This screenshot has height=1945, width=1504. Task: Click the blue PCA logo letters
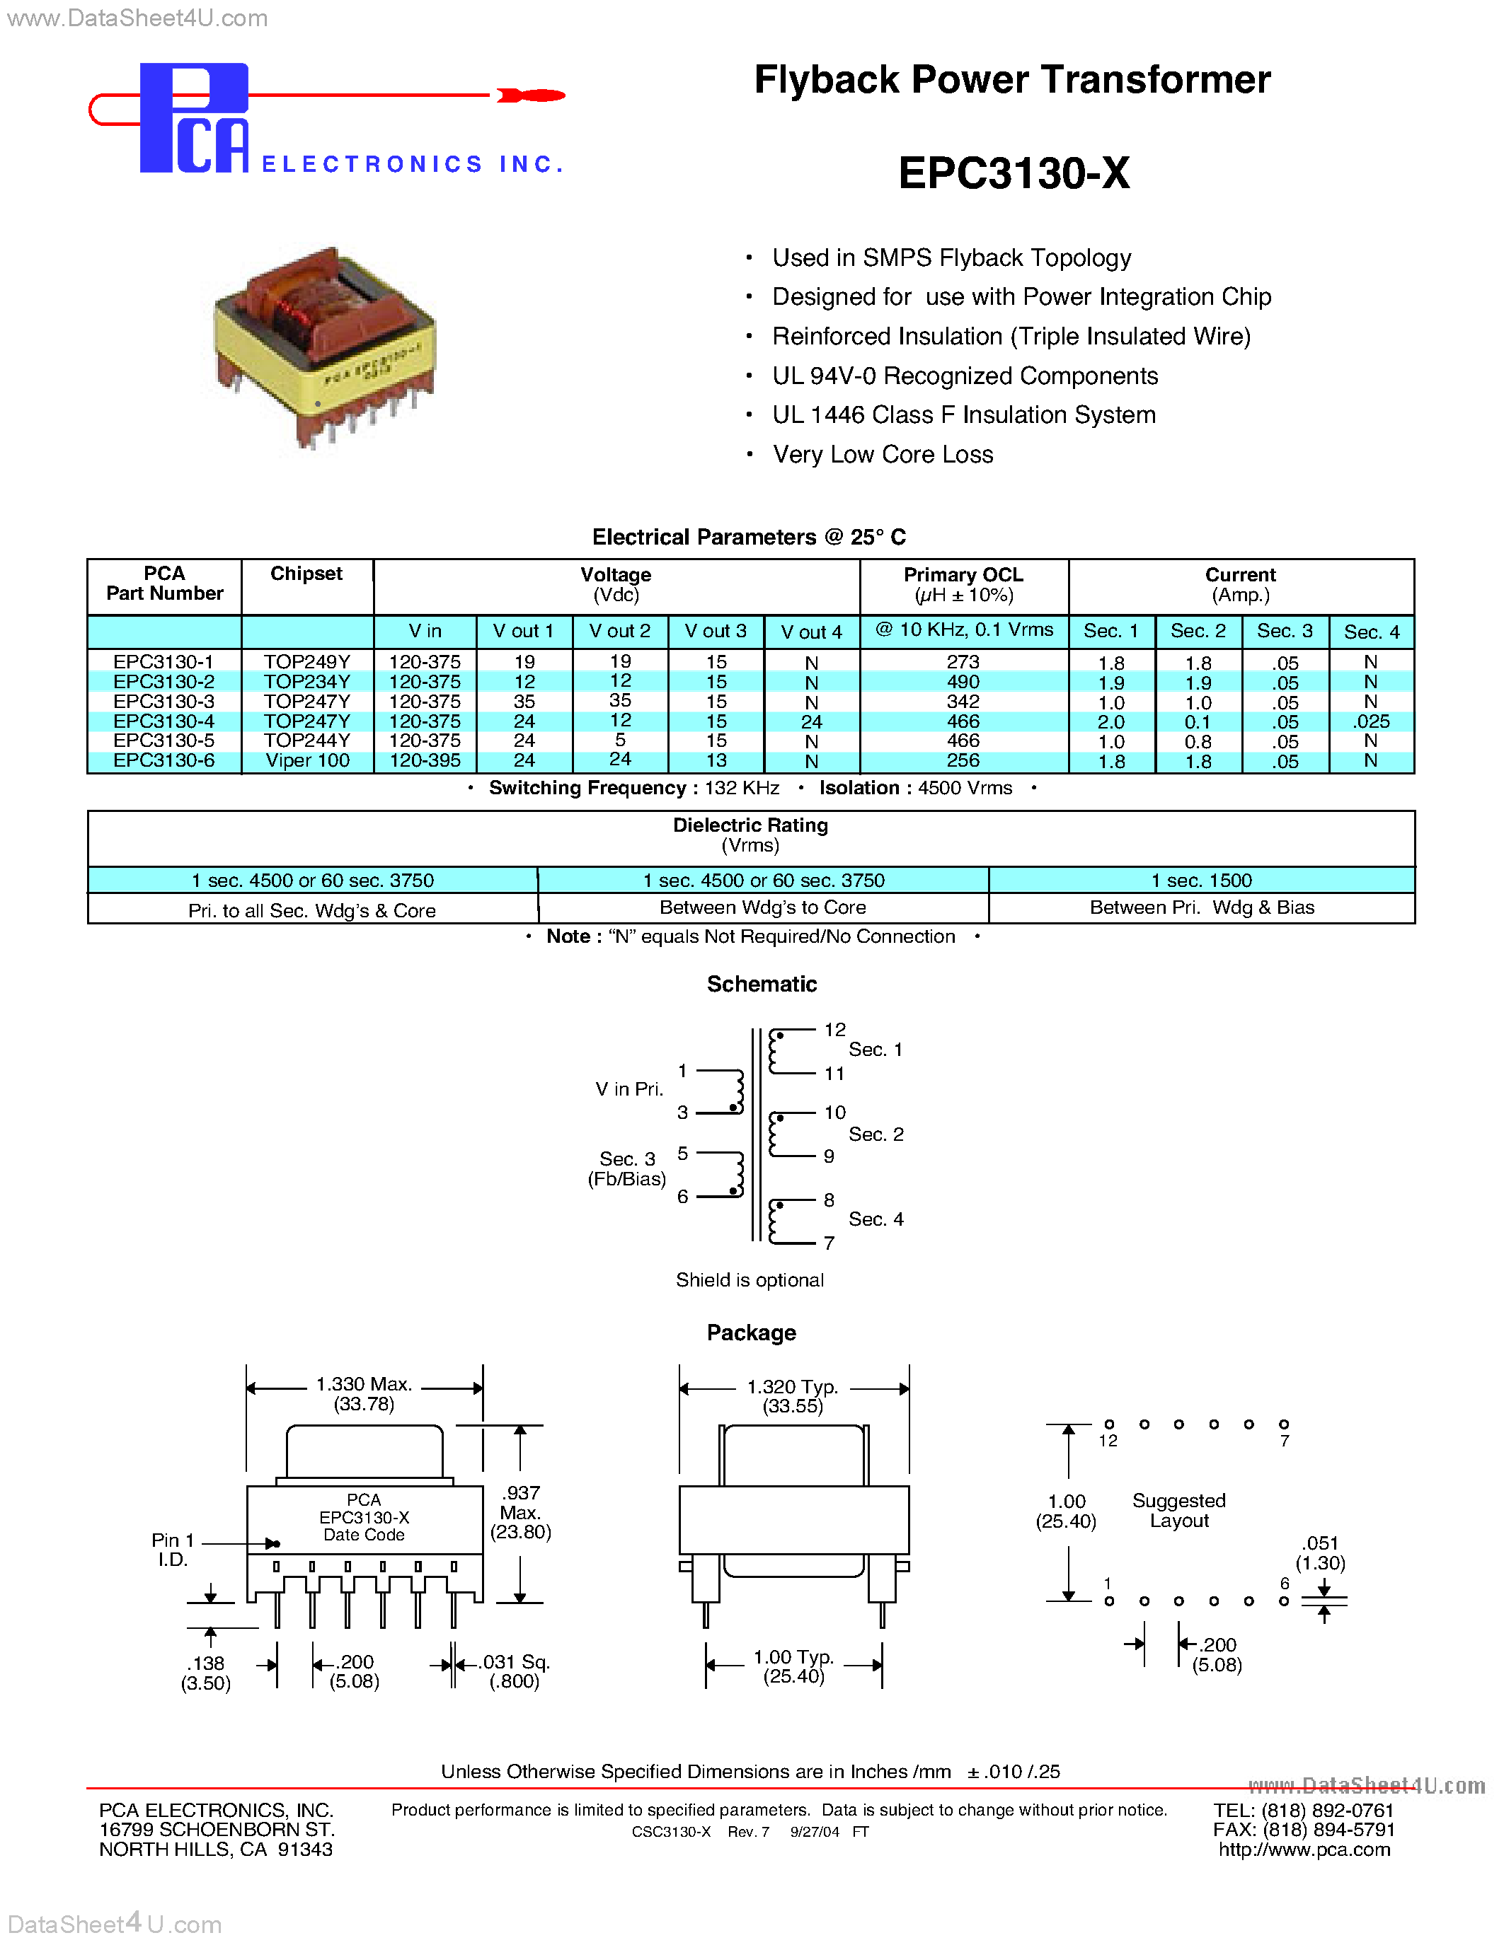pyautogui.click(x=194, y=118)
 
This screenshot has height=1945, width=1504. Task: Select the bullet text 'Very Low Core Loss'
pyautogui.click(x=882, y=454)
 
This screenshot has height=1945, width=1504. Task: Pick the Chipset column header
pyautogui.click(x=306, y=574)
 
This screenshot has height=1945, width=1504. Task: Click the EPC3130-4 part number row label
pyautogui.click(x=164, y=721)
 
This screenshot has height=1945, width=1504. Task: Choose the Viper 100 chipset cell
pyautogui.click(x=307, y=760)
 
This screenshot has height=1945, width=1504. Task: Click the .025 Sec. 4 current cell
pyautogui.click(x=1370, y=721)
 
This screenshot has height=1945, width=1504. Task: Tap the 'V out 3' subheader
pyautogui.click(x=716, y=632)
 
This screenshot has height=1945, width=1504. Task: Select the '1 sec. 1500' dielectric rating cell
pyautogui.click(x=1201, y=881)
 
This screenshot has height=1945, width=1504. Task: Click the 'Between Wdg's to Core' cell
pyautogui.click(x=763, y=907)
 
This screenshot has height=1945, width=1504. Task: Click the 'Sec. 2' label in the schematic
pyautogui.click(x=876, y=1134)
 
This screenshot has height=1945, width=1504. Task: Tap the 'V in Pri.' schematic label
pyautogui.click(x=629, y=1089)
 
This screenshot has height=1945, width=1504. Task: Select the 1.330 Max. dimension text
pyautogui.click(x=364, y=1384)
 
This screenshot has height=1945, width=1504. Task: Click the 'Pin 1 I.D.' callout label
pyautogui.click(x=172, y=1550)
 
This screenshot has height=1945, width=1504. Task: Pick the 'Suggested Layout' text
pyautogui.click(x=1179, y=1511)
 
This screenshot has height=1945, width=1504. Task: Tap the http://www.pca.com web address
pyautogui.click(x=1304, y=1850)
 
